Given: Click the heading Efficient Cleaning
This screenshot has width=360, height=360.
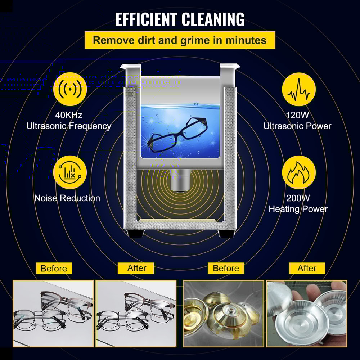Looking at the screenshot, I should (x=180, y=19).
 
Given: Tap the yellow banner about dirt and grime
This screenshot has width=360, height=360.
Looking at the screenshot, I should (x=180, y=40).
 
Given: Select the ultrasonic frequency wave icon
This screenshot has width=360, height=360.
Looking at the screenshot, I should (x=70, y=89).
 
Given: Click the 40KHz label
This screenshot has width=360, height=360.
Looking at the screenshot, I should (x=68, y=115).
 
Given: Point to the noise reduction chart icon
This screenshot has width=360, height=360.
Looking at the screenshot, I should (x=70, y=172).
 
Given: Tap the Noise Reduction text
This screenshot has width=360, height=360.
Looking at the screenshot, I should (x=67, y=198).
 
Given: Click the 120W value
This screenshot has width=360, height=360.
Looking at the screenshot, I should (x=297, y=115).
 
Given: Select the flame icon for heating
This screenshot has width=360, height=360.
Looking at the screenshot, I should (x=298, y=172).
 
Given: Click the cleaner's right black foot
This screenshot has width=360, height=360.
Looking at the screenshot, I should (x=225, y=233).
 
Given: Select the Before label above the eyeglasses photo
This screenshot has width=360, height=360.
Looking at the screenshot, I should (x=54, y=268).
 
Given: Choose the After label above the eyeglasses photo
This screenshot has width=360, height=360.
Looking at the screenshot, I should (x=137, y=268).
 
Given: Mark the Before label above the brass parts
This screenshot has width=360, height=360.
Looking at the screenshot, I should (x=226, y=268).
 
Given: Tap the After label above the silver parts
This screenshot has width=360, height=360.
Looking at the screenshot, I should (x=307, y=268).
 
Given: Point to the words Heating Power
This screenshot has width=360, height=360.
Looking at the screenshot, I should (x=298, y=209).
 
